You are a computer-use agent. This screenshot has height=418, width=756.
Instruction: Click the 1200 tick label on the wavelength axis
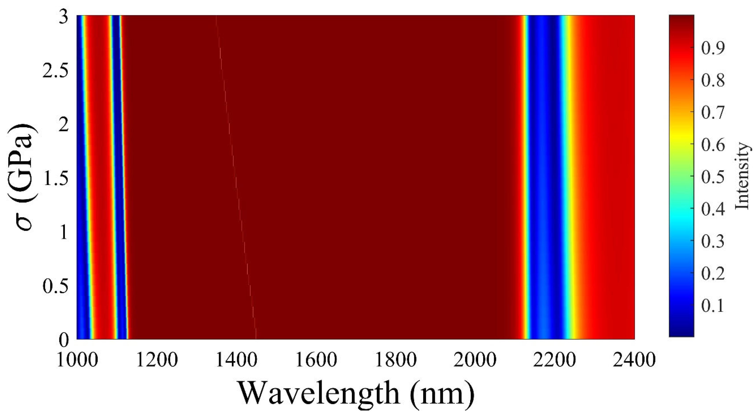click(x=157, y=360)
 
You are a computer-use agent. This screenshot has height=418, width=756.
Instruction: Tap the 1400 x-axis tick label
click(x=237, y=360)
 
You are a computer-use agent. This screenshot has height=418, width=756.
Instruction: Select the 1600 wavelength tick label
click(x=316, y=360)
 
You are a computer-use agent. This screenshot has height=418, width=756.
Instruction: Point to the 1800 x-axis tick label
click(x=396, y=360)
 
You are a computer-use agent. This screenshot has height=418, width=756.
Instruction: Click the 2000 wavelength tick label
click(x=475, y=360)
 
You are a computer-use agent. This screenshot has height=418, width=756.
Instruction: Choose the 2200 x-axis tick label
click(x=555, y=360)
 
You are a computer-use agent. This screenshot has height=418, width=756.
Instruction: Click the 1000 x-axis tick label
click(x=77, y=360)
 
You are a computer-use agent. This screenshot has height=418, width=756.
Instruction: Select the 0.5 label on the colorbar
click(x=713, y=176)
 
